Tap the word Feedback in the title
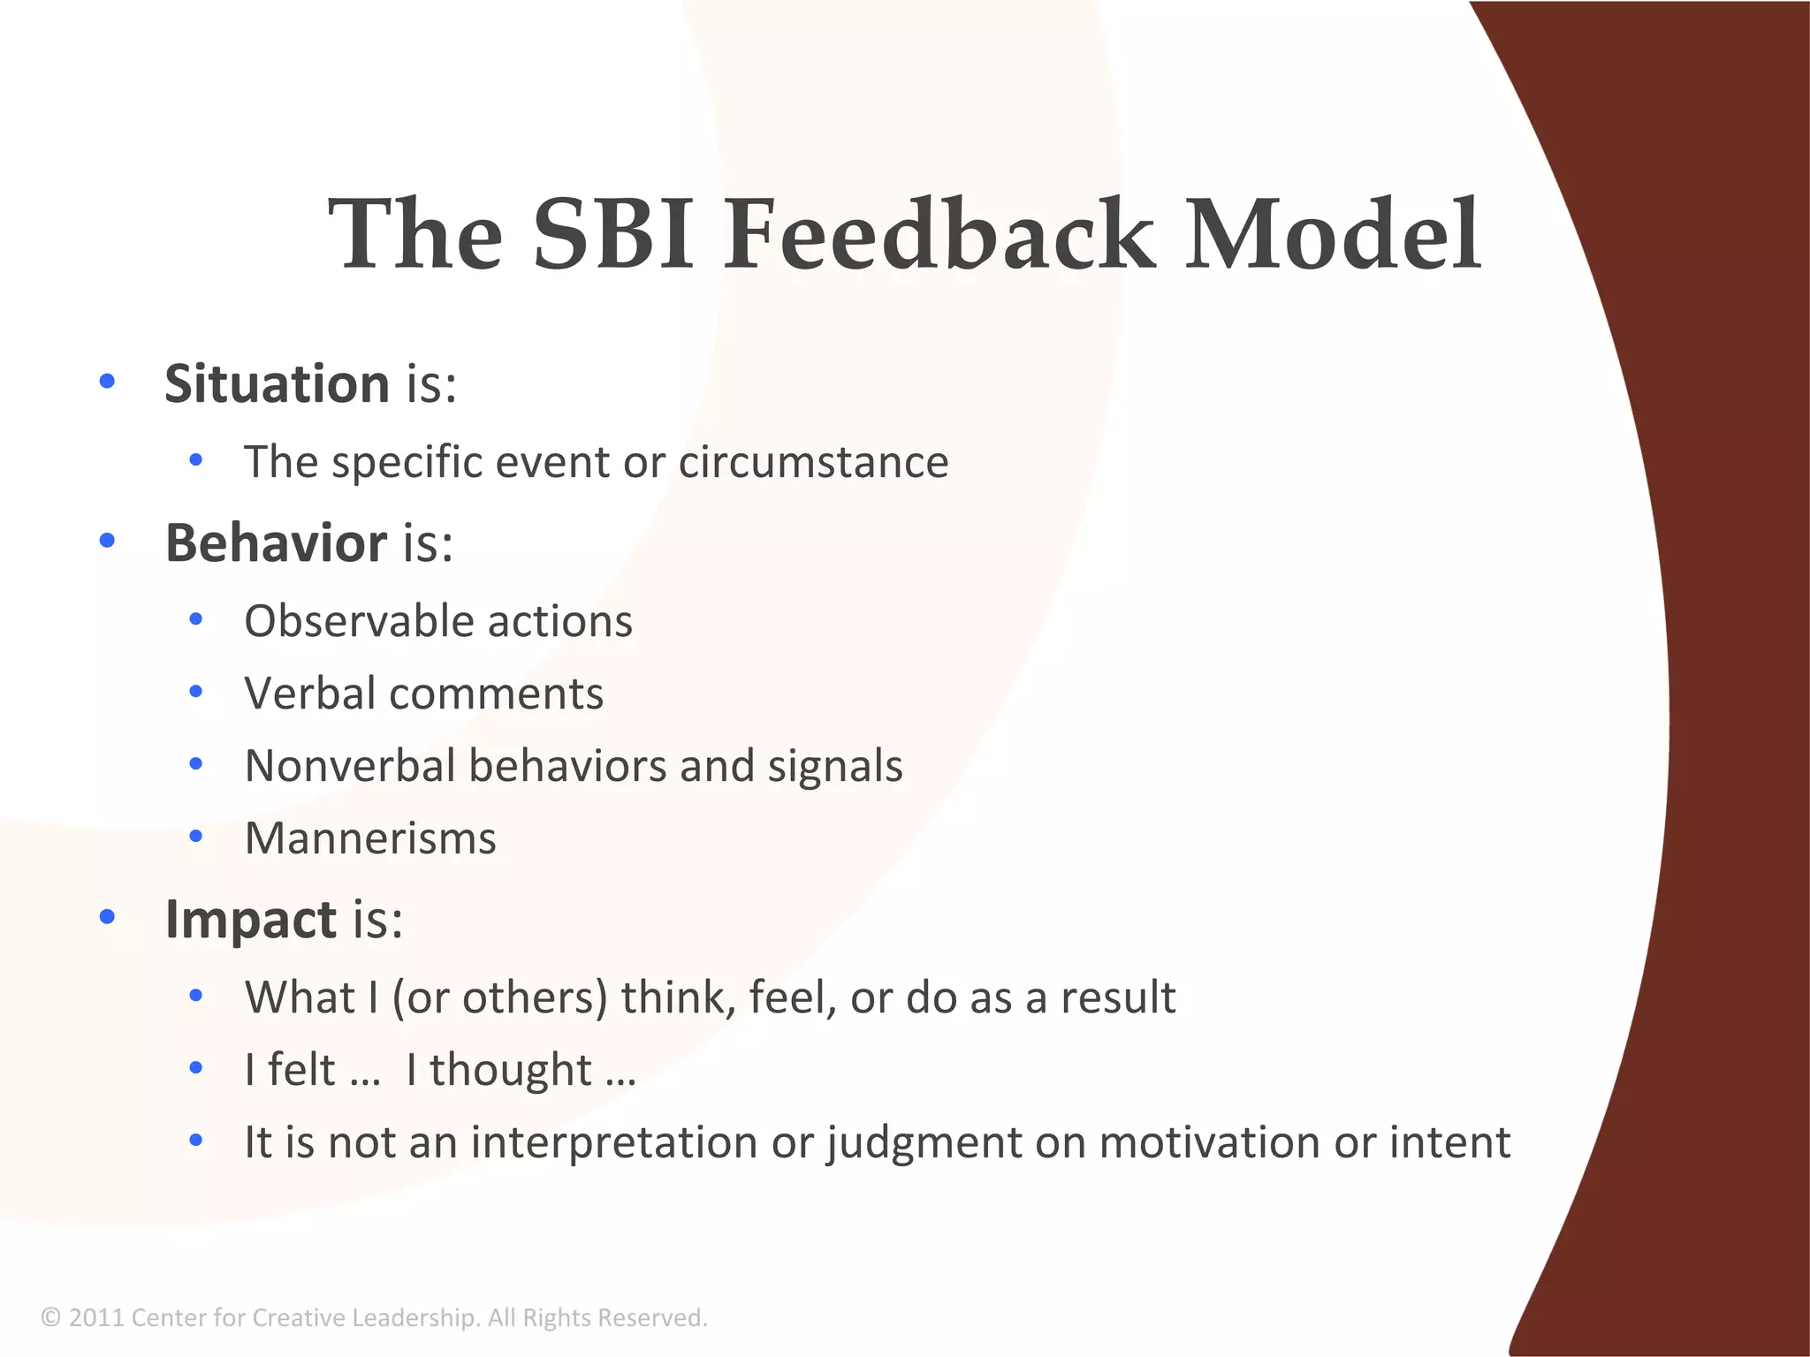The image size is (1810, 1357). (x=939, y=234)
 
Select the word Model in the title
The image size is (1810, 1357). (x=1333, y=234)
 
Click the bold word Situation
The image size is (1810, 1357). (x=277, y=384)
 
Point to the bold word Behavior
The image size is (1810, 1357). (x=276, y=542)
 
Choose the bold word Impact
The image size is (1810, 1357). (x=250, y=919)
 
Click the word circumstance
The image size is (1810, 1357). (x=813, y=462)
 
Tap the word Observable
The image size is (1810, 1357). (x=358, y=621)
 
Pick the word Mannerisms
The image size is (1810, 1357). (x=370, y=838)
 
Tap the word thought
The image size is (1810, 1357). (x=511, y=1071)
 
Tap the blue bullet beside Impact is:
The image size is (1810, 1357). (x=108, y=918)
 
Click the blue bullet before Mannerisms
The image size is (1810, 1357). (x=196, y=836)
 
